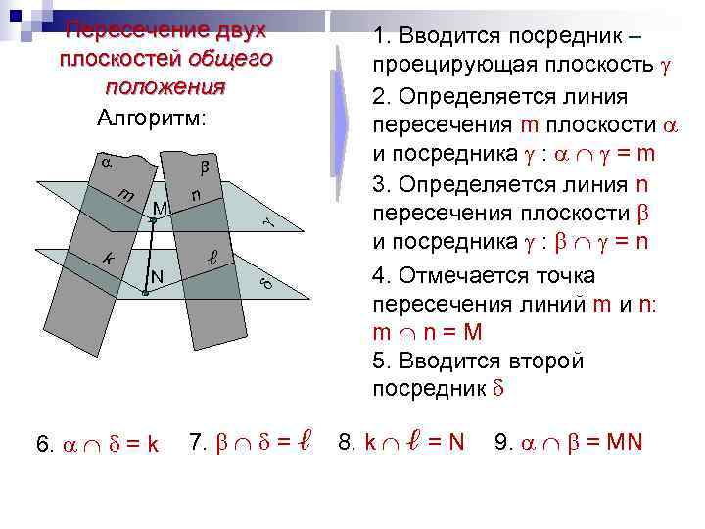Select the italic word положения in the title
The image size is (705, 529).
click(x=164, y=87)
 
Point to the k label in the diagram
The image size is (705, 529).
click(x=110, y=260)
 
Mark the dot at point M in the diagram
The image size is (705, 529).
click(x=153, y=221)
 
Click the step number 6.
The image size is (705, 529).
click(x=44, y=444)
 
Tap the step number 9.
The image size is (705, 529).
click(x=503, y=442)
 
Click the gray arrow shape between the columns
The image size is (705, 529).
click(x=340, y=118)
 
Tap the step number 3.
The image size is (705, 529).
click(x=379, y=184)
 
